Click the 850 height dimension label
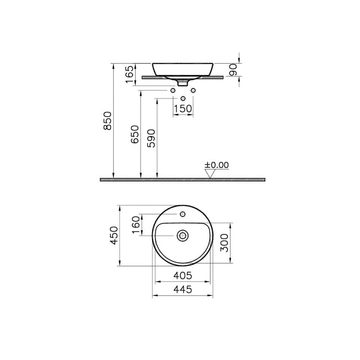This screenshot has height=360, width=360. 107,121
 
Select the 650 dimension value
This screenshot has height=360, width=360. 135,135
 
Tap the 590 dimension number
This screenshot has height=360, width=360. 151,139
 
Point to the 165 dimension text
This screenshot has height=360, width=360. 130,74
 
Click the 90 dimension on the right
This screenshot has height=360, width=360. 233,70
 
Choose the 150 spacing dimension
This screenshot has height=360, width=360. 183,109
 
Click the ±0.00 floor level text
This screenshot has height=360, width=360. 217,165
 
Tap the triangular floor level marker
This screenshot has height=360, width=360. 210,174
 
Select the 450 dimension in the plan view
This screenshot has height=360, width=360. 114,235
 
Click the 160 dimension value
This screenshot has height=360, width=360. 136,225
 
